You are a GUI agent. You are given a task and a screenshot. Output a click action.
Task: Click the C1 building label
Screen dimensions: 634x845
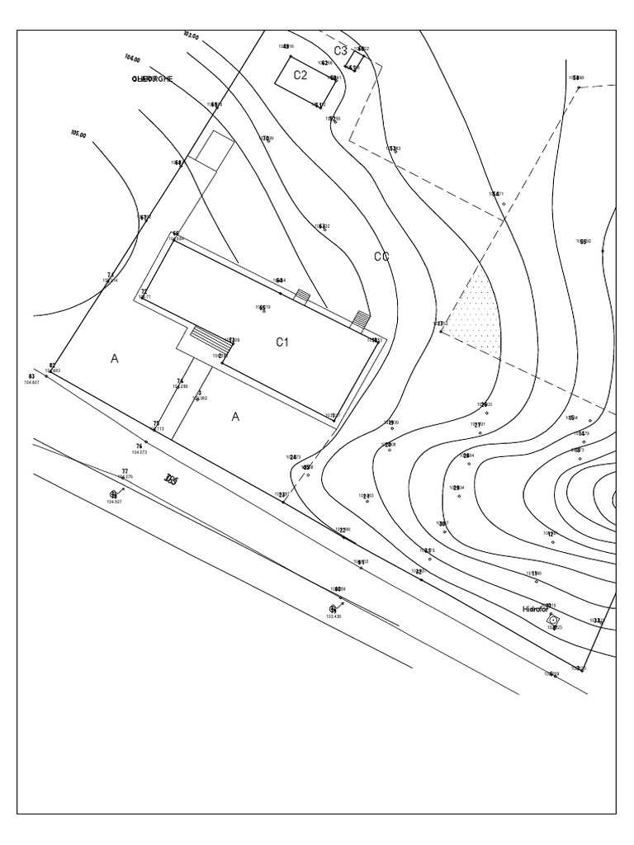(x=282, y=342)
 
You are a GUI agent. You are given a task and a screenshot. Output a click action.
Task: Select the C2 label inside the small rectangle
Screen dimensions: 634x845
(x=300, y=75)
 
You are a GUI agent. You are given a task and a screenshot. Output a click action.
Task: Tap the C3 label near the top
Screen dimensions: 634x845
(x=340, y=51)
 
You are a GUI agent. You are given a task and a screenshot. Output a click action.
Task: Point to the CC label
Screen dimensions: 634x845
(x=381, y=257)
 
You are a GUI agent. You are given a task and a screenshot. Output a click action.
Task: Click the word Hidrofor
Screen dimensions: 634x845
(x=535, y=609)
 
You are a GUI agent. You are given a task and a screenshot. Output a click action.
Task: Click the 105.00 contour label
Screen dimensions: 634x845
(x=78, y=134)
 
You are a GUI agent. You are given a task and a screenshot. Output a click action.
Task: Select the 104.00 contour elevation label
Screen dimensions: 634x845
(x=132, y=59)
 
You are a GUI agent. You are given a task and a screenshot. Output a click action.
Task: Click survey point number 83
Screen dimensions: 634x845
(x=31, y=376)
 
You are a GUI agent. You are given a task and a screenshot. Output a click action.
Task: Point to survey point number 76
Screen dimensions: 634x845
(x=139, y=446)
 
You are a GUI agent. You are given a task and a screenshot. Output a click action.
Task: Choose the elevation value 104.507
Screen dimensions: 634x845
(x=114, y=502)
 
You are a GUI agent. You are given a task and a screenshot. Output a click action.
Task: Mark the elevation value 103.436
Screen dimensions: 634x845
(x=334, y=616)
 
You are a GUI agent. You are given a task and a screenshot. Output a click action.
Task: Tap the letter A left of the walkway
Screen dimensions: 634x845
(x=115, y=359)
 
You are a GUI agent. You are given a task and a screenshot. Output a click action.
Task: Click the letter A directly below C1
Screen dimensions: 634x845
(x=235, y=417)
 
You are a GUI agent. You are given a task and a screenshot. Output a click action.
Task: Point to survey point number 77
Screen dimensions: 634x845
(x=125, y=471)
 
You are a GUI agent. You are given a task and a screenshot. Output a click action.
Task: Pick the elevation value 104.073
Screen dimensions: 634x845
(x=138, y=453)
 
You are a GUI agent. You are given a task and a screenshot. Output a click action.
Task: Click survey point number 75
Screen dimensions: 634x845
(x=155, y=423)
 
